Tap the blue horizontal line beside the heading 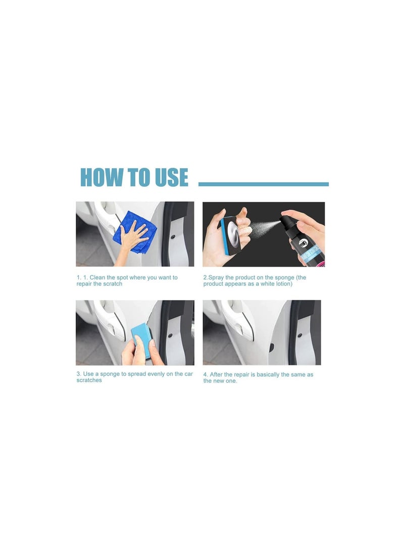click(x=264, y=184)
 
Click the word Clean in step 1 click(x=97, y=278)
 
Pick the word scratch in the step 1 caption click(x=113, y=284)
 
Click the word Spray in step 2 click(x=216, y=278)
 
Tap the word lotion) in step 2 click(x=283, y=284)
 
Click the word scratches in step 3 click(x=89, y=380)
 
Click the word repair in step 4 click(x=242, y=375)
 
